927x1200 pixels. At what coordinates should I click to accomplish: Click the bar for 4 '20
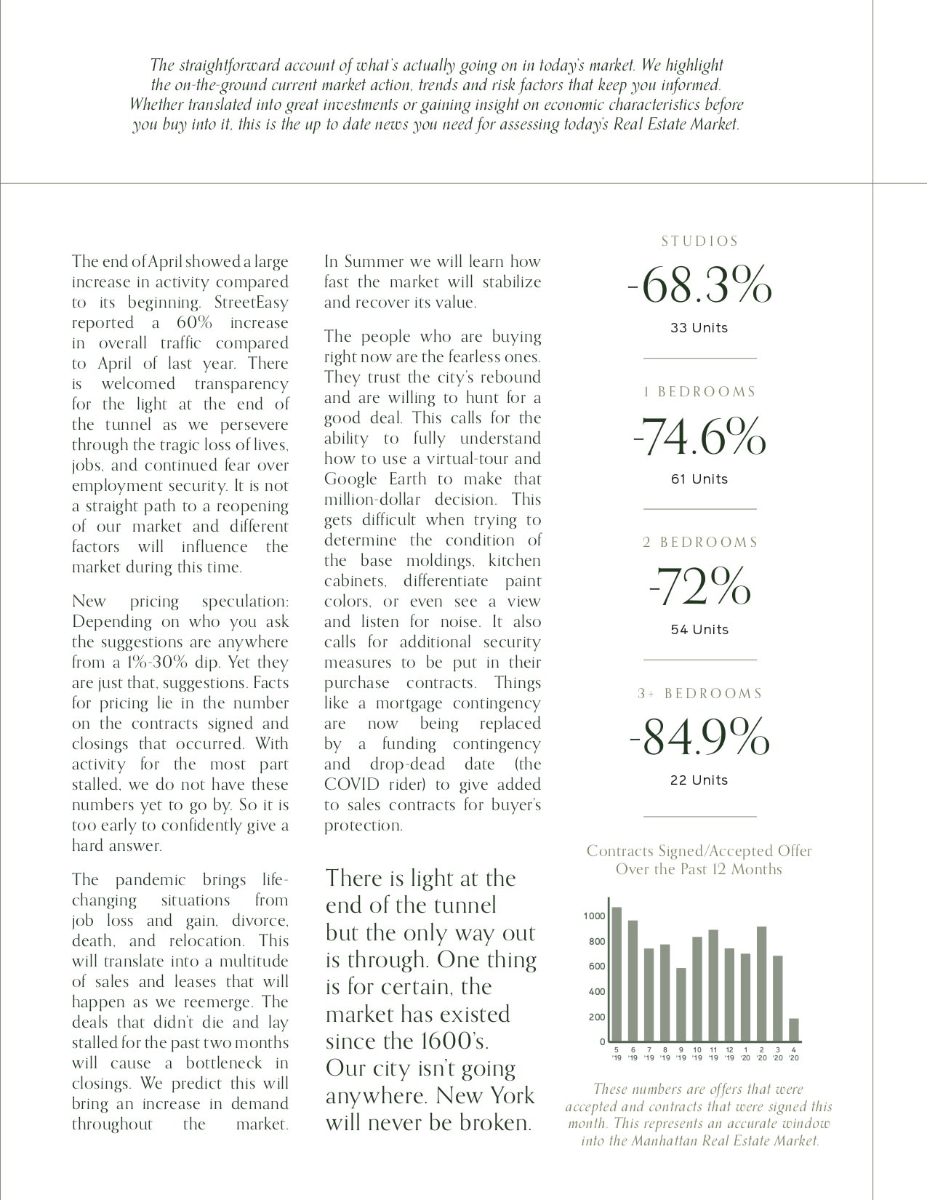click(x=793, y=1030)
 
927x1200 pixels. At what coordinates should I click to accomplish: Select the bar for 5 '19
click(x=617, y=974)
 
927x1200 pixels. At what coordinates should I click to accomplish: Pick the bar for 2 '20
click(x=761, y=984)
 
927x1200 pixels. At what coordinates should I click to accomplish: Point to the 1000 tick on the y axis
click(x=594, y=916)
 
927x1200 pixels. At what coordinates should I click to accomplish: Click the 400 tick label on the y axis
click(x=596, y=991)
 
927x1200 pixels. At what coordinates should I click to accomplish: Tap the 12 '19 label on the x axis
click(x=729, y=1054)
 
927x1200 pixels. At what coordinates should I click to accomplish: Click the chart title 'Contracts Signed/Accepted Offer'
click(x=699, y=851)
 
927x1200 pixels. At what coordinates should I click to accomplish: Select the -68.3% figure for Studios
click(x=699, y=286)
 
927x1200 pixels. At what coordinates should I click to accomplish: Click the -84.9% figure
click(x=699, y=737)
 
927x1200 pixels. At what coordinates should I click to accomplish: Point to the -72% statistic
click(x=699, y=587)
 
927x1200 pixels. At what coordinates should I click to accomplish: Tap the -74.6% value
click(x=699, y=436)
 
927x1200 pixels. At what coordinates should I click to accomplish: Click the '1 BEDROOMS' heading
click(x=699, y=392)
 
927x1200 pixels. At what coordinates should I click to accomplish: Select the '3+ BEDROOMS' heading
click(x=699, y=694)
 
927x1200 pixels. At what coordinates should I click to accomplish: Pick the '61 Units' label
click(x=699, y=479)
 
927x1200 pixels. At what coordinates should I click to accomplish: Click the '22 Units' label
click(x=699, y=780)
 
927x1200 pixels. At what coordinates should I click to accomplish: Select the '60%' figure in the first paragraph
click(x=192, y=323)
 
